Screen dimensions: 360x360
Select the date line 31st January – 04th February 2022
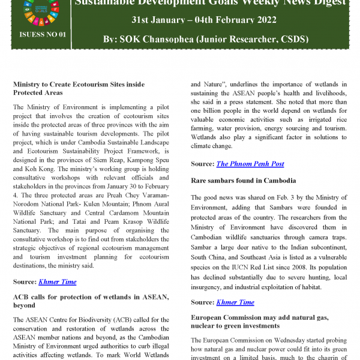click(204, 20)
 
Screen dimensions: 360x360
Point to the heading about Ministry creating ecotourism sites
click(79, 89)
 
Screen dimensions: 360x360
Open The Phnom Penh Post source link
click(250, 164)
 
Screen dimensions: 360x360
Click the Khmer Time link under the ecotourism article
click(58, 281)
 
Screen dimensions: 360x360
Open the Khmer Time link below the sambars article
click(235, 302)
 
